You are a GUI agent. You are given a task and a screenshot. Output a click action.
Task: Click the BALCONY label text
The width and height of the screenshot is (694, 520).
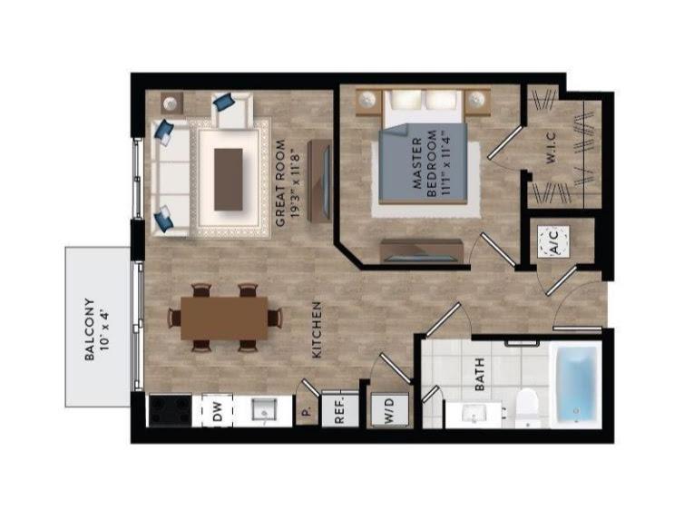tap(90, 329)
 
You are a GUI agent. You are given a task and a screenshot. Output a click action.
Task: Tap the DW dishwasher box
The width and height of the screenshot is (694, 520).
tap(218, 410)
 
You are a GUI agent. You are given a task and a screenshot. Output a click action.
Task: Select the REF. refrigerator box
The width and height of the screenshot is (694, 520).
tap(339, 408)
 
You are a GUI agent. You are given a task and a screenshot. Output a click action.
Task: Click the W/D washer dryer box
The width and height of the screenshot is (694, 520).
tap(389, 410)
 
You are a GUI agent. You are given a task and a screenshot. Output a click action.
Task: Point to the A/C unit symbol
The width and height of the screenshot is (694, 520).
tap(553, 241)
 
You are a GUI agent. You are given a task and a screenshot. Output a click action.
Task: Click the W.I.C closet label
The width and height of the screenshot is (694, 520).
tap(551, 149)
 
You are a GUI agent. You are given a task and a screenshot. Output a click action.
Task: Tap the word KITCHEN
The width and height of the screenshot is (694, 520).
tap(317, 330)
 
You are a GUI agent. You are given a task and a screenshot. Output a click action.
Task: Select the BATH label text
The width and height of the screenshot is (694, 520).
tap(479, 375)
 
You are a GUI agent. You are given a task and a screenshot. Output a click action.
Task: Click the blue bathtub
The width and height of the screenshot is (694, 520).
tap(576, 384)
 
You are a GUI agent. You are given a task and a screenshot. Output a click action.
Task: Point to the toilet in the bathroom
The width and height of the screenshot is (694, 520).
tap(527, 404)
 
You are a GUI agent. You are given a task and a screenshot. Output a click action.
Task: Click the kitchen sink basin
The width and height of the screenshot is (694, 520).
tap(264, 409)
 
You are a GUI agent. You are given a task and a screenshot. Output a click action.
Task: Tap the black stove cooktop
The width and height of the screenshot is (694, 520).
tap(171, 411)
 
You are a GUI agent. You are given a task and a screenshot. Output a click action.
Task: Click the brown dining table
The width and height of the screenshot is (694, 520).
tap(224, 318)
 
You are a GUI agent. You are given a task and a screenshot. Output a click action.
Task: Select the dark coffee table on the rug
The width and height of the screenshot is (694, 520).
tap(229, 180)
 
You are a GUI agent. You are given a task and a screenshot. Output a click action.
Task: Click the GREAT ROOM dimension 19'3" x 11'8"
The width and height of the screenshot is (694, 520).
tap(295, 185)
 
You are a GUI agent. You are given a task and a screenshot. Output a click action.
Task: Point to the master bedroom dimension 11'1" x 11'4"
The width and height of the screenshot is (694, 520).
tap(445, 162)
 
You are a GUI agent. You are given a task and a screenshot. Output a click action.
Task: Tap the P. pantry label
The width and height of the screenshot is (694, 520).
tap(307, 412)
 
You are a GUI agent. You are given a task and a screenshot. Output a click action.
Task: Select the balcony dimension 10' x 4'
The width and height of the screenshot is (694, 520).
tap(104, 329)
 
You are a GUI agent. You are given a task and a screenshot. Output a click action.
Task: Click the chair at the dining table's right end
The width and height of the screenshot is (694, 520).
tap(275, 318)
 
